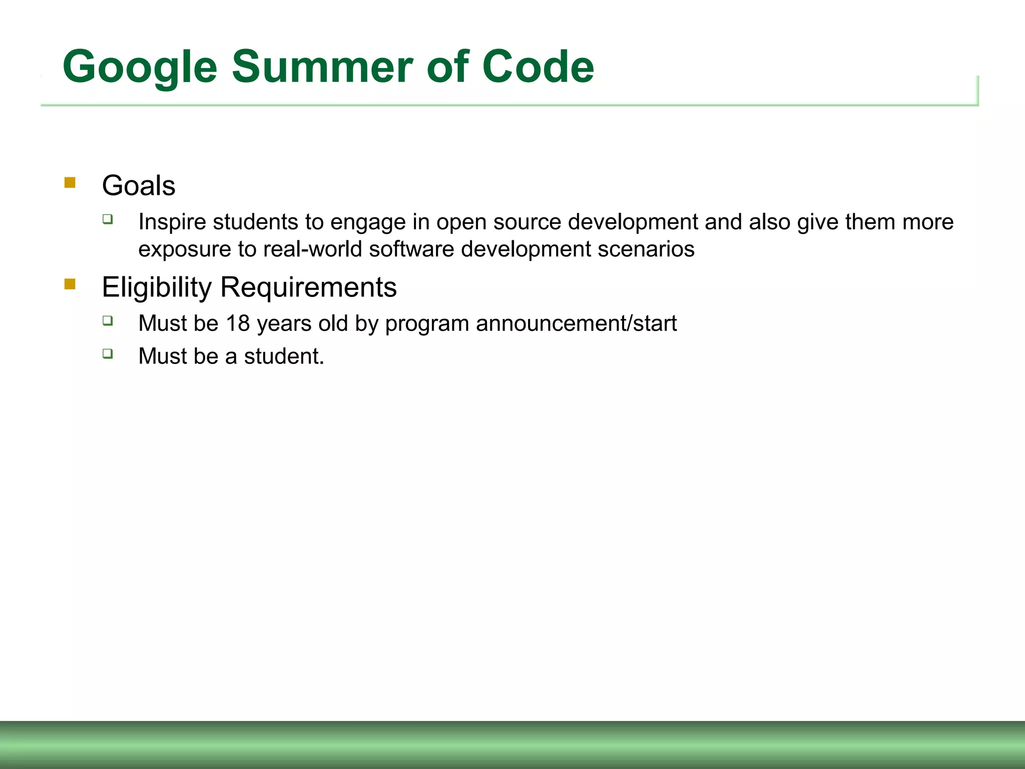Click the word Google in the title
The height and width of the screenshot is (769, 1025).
[x=140, y=68]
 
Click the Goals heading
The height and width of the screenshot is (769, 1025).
[x=139, y=186]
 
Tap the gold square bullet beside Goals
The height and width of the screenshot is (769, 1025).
[x=70, y=183]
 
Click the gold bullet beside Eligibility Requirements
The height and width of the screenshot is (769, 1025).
[x=70, y=284]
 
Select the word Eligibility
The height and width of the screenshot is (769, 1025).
[x=157, y=288]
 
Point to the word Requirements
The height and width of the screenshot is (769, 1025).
[x=308, y=288]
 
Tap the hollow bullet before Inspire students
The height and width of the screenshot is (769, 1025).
[x=108, y=219]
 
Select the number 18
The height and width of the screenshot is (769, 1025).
[x=238, y=323]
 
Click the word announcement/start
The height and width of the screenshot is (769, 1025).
[x=576, y=323]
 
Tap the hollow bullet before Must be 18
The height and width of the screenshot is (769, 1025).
[x=108, y=320]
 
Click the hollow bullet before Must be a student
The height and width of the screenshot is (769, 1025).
[x=108, y=353]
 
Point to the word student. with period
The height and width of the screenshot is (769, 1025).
[x=284, y=356]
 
